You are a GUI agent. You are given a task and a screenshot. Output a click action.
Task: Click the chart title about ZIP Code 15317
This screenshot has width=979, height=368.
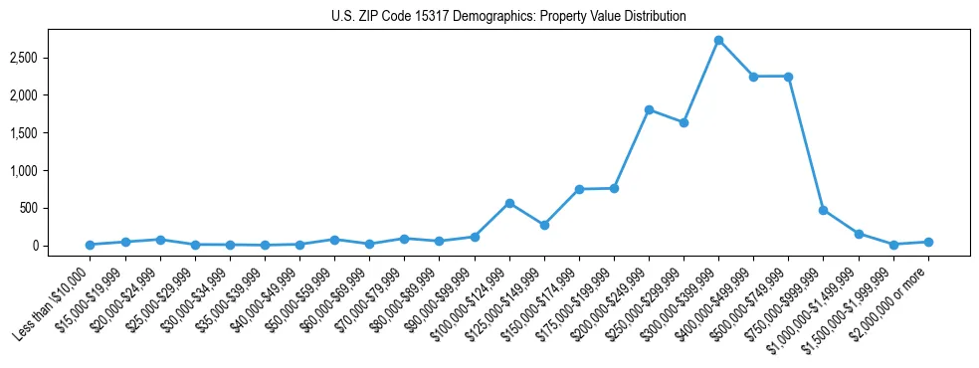pyautogui.click(x=508, y=17)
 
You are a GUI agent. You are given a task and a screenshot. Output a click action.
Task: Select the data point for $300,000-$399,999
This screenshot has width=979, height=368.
pyautogui.click(x=718, y=40)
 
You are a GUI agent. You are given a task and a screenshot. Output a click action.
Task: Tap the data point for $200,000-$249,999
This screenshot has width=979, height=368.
pyautogui.click(x=649, y=109)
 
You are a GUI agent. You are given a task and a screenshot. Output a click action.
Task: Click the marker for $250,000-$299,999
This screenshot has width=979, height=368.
pyautogui.click(x=684, y=122)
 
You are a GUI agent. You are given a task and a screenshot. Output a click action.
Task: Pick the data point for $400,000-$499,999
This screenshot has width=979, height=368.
pyautogui.click(x=753, y=77)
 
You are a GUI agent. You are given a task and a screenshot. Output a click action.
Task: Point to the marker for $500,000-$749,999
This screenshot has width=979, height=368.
pyautogui.click(x=788, y=77)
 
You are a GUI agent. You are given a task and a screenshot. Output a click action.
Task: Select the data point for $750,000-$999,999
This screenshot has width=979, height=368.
pyautogui.click(x=823, y=210)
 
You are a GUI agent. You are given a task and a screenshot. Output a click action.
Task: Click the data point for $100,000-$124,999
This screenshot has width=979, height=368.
pyautogui.click(x=509, y=203)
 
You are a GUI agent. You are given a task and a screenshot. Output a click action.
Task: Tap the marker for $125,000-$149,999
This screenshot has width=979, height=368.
pyautogui.click(x=544, y=225)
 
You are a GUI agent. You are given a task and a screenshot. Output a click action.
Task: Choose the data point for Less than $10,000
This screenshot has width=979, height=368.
pyautogui.click(x=90, y=245)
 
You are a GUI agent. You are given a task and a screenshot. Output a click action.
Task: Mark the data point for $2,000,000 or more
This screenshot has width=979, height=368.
pyautogui.click(x=928, y=242)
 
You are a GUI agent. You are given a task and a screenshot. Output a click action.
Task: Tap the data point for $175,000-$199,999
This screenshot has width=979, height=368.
pyautogui.click(x=614, y=188)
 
